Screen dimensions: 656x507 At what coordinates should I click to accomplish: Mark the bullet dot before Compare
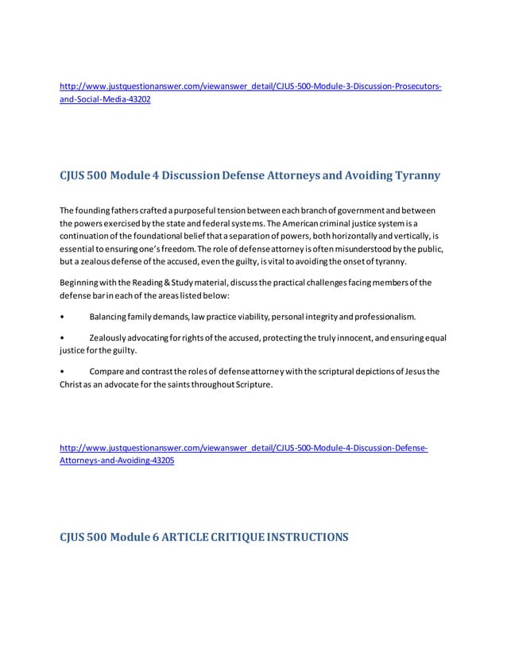click(63, 372)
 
